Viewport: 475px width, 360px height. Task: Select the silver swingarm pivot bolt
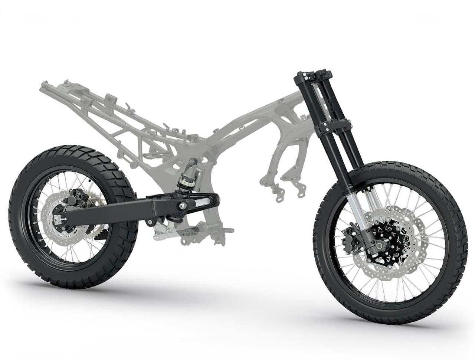point(182,205)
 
